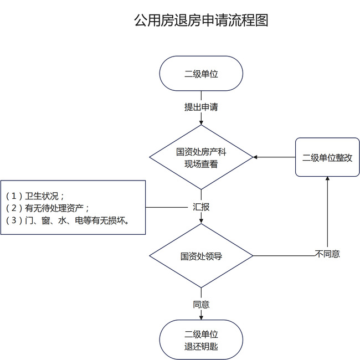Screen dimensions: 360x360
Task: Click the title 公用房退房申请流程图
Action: [x=201, y=21]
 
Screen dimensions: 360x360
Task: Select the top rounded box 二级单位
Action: [x=201, y=73]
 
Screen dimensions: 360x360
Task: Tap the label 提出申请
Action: [x=201, y=107]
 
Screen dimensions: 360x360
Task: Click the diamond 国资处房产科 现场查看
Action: [x=201, y=157]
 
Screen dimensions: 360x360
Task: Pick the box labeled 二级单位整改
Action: [x=327, y=157]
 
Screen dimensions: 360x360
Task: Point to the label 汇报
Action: [x=201, y=207]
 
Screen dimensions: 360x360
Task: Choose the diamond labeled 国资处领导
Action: [x=201, y=256]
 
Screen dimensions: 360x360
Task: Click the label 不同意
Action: [x=327, y=254]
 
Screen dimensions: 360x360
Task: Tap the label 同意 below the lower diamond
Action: [x=201, y=305]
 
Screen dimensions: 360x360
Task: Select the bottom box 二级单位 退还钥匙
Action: [x=201, y=341]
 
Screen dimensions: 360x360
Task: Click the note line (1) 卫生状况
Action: [x=36, y=196]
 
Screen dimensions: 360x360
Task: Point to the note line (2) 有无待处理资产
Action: [x=48, y=208]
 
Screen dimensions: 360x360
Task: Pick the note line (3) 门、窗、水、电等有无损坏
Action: [x=67, y=220]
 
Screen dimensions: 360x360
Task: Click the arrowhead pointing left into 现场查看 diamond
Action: [x=255, y=157]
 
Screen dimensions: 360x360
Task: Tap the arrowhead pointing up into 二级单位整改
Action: [x=327, y=179]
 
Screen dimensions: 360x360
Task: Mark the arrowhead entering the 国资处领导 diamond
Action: [x=201, y=220]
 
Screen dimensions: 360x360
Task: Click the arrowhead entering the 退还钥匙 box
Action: [x=201, y=317]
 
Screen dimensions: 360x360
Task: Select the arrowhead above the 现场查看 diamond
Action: [x=201, y=124]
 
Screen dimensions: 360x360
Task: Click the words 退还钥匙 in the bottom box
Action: [x=201, y=347]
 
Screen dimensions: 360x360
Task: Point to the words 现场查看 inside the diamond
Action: [x=201, y=164]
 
